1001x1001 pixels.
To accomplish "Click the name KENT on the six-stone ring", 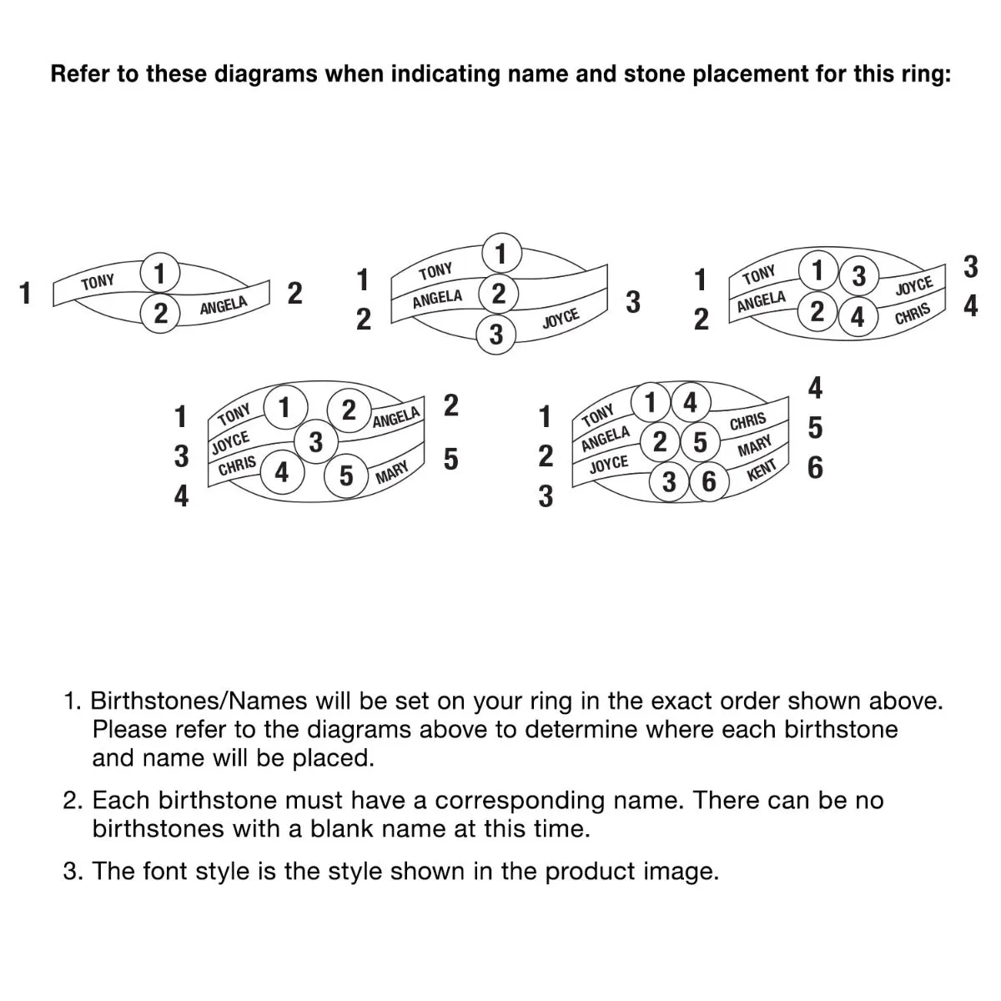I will point(762,470).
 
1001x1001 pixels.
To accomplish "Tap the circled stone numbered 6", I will point(708,481).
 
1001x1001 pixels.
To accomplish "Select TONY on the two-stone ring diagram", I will point(98,282).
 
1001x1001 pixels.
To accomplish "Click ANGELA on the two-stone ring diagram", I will point(224,306).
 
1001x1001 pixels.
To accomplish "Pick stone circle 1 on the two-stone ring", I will point(158,273).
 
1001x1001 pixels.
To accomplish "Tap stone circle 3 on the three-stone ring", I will point(496,335).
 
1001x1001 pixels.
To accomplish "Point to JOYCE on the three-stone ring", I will point(561,318).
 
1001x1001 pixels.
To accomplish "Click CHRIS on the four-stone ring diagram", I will point(912,314).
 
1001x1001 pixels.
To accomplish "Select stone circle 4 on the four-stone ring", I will point(857,317).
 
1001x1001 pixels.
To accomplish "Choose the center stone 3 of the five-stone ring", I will point(315,441).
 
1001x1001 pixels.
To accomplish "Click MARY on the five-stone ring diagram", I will point(391,473).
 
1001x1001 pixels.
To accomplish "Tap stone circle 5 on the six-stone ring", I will point(700,442).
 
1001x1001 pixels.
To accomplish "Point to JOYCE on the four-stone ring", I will point(913,286).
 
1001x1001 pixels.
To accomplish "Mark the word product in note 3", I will point(591,872).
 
